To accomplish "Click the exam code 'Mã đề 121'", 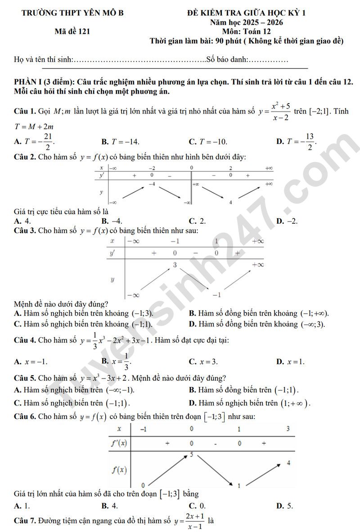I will point(72,32).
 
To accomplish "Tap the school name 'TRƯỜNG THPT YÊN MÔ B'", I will point(72,13).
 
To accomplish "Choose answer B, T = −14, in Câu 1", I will point(120,141).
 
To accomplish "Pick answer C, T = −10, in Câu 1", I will point(208,141).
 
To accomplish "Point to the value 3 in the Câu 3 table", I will point(175,265).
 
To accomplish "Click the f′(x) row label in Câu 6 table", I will point(119,443).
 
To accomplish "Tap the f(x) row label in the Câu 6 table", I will point(119,470).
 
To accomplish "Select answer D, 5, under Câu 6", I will point(285,505).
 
